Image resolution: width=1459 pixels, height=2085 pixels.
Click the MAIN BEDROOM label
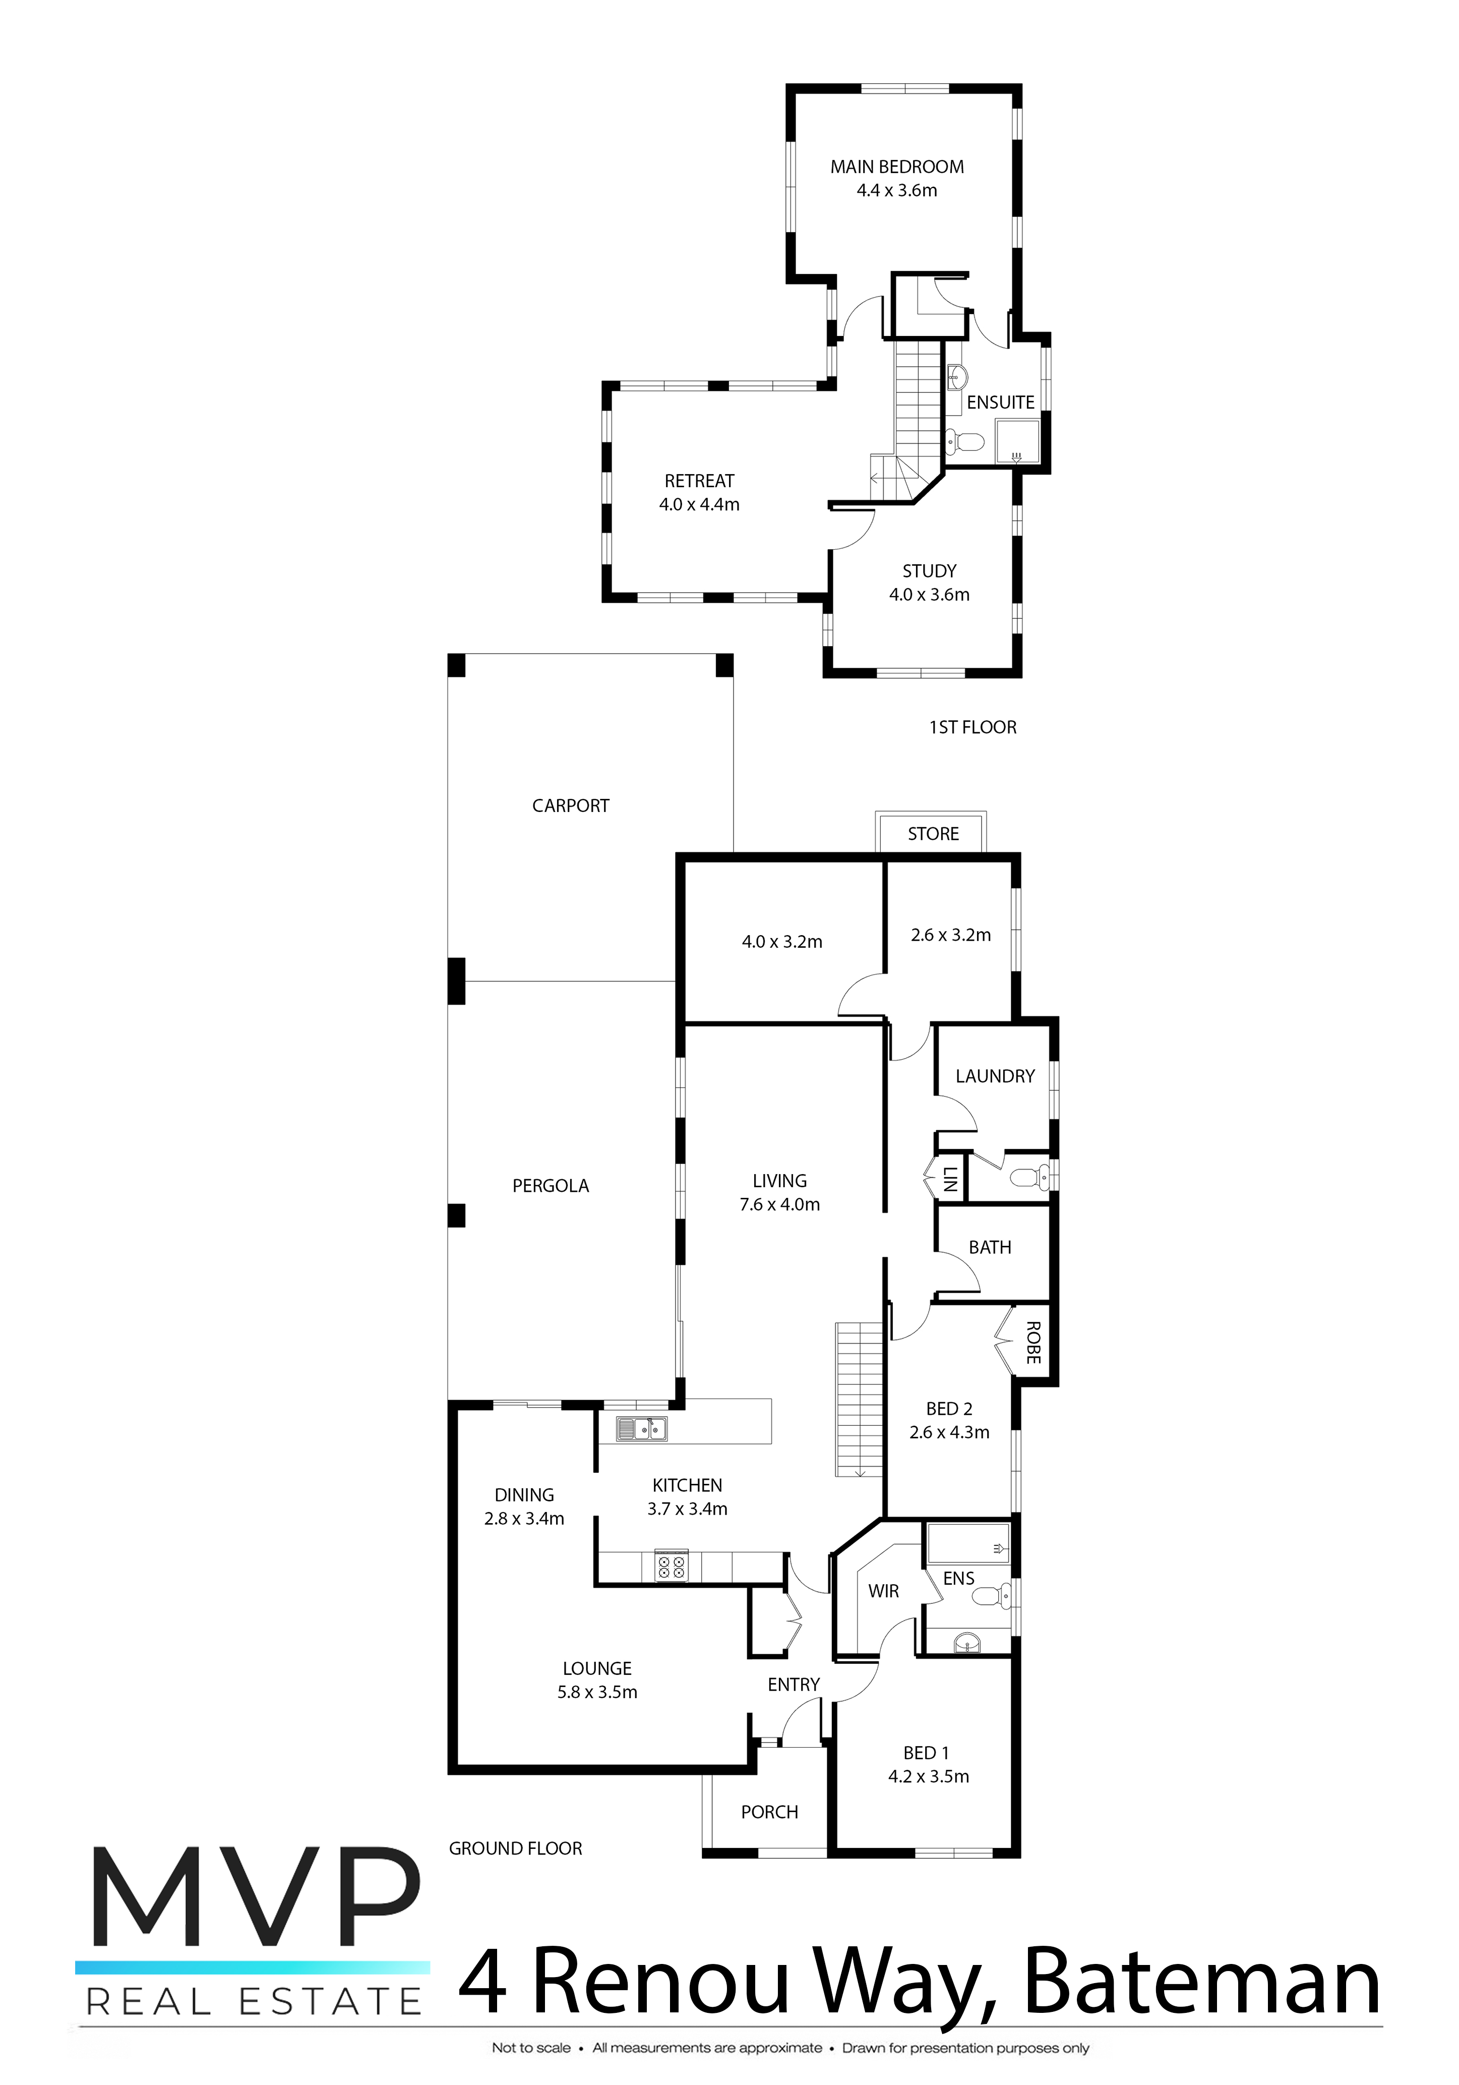(x=897, y=167)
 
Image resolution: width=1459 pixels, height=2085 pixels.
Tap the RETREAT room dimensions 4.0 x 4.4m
(x=699, y=505)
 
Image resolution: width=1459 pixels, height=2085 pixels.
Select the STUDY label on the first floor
(x=929, y=571)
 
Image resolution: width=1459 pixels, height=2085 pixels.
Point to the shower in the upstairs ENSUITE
(x=1017, y=442)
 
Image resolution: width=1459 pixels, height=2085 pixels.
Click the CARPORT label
(x=570, y=805)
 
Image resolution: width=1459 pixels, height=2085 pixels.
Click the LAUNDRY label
(x=995, y=1076)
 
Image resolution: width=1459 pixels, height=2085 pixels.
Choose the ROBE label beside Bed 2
(x=1032, y=1342)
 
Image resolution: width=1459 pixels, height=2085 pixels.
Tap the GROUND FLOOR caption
(x=516, y=1848)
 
